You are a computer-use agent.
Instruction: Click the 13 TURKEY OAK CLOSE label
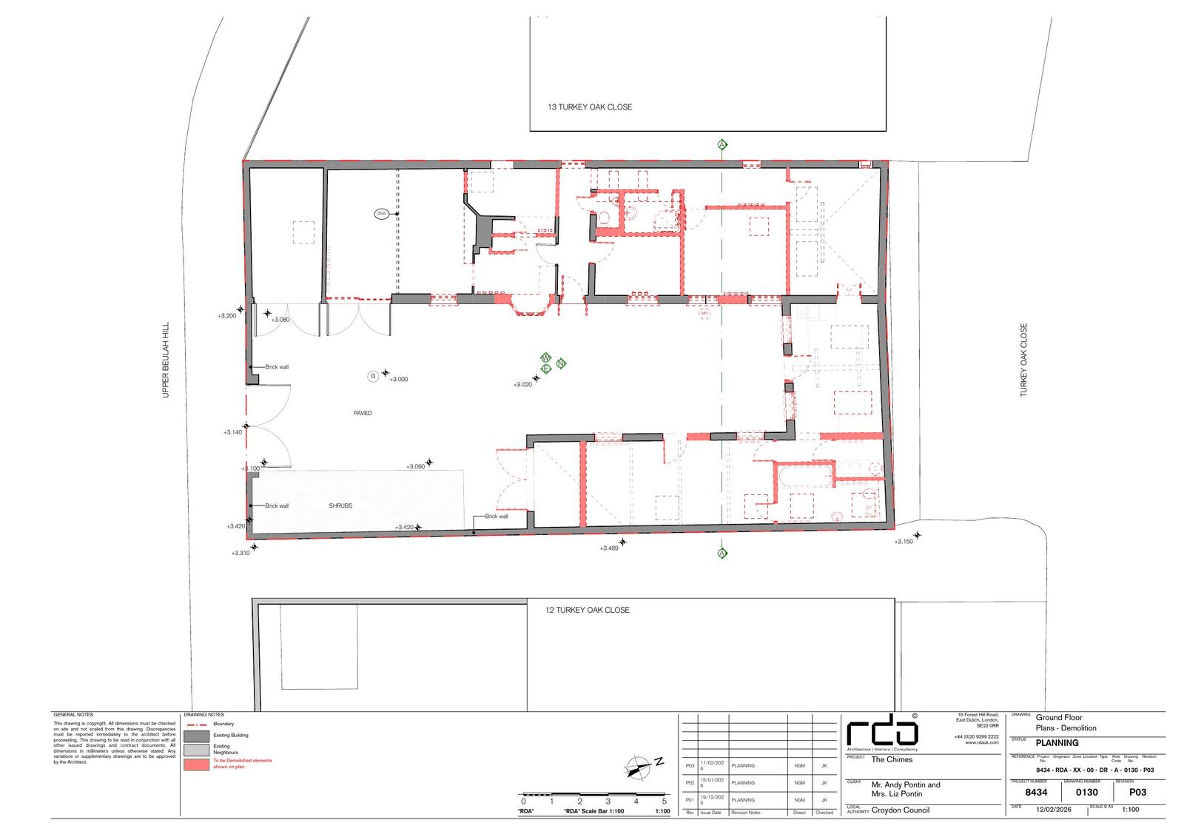(x=590, y=107)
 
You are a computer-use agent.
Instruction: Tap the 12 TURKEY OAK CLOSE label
(x=588, y=610)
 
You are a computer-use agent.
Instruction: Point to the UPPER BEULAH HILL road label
(x=166, y=360)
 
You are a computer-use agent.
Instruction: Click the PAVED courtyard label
(x=363, y=413)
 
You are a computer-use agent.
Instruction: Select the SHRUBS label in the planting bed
(x=340, y=506)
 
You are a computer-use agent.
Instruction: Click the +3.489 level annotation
(x=609, y=548)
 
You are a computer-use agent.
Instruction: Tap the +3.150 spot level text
(x=904, y=542)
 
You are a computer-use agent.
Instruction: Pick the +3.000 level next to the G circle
(x=398, y=380)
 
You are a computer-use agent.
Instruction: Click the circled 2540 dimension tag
(x=382, y=214)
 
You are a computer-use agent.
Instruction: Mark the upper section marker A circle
(x=722, y=144)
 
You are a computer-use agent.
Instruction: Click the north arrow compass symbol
(x=638, y=767)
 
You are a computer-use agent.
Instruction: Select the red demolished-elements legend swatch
(x=197, y=764)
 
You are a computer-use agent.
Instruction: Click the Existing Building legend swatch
(x=197, y=736)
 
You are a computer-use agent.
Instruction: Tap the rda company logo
(x=883, y=733)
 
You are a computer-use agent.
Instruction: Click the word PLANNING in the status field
(x=1057, y=743)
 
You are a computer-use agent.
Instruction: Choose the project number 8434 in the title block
(x=1037, y=793)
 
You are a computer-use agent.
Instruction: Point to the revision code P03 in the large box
(x=1138, y=793)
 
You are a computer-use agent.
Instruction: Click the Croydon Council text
(x=901, y=810)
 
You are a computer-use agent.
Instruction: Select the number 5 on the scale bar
(x=665, y=801)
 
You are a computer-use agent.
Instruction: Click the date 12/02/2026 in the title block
(x=1054, y=810)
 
